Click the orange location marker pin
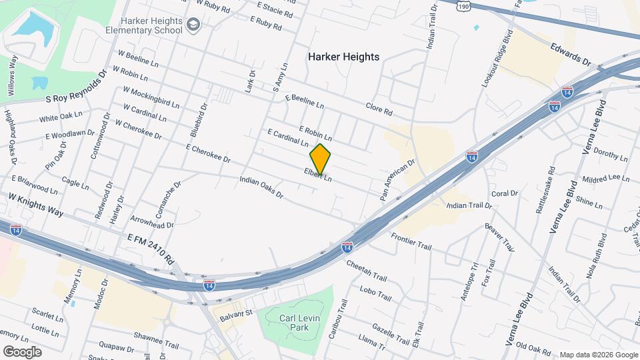321,159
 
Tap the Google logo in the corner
22,351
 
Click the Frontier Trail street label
411,241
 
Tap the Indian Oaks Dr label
261,187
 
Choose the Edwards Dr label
571,54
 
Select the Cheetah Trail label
367,270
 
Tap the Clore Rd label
379,109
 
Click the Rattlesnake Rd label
545,189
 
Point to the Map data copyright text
598,355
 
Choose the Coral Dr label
504,193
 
